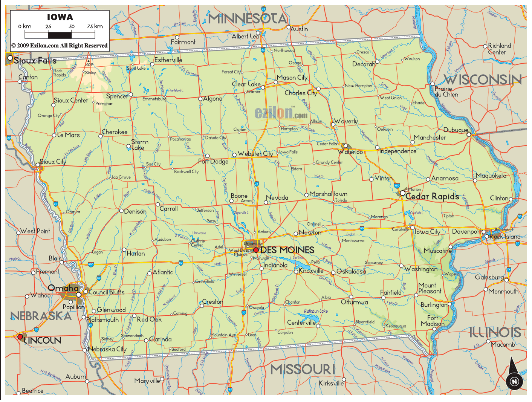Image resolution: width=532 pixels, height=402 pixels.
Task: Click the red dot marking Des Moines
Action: pos(256,250)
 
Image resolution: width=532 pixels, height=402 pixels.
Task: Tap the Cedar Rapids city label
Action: pos(432,196)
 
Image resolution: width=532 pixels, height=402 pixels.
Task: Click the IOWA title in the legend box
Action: pos(60,17)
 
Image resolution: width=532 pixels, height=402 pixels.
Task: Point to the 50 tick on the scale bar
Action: pos(72,27)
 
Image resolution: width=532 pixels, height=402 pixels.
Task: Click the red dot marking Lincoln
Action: pos(20,336)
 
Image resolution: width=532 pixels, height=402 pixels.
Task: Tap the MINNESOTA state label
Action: pos(248,18)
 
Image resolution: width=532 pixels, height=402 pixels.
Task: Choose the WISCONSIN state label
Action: pos(483,79)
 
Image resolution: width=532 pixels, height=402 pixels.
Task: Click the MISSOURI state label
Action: pos(303,369)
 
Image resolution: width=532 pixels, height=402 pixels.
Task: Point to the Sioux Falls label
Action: pos(35,60)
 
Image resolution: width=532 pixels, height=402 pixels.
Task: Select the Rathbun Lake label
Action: pos(316,311)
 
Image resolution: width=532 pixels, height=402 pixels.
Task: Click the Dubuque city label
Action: pos(456,130)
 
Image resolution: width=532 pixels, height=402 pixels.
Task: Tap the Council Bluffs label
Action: pos(106,292)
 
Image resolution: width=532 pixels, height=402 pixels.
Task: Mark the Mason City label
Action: pos(292,78)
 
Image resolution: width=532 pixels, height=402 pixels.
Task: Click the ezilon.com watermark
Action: pos(281,113)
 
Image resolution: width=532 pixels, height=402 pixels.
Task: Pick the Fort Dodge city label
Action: pos(213,162)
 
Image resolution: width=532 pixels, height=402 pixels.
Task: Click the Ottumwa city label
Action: pos(354,302)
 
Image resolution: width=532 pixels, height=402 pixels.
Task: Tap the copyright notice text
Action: pos(60,46)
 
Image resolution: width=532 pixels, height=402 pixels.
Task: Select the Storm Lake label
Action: pos(139,145)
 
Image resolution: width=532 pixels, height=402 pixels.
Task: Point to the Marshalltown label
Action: pos(328,194)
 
